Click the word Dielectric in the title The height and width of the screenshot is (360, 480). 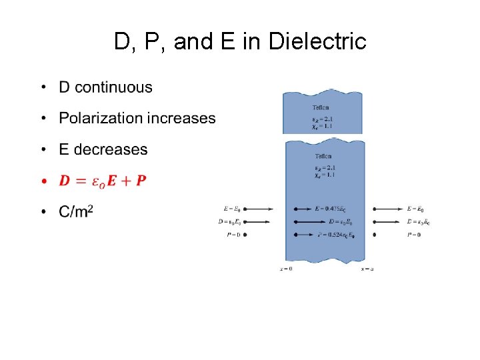tap(317, 41)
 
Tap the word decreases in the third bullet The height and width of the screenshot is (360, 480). tap(111, 149)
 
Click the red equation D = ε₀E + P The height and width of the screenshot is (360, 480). tap(103, 181)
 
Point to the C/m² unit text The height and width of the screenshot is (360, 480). tap(76, 211)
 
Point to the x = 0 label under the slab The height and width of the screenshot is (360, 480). tap(286, 268)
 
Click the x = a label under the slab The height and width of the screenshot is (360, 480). tap(367, 268)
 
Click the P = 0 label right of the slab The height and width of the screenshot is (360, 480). tap(414, 235)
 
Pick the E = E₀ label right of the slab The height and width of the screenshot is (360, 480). tap(415, 209)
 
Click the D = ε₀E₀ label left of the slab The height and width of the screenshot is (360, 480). tap(230, 221)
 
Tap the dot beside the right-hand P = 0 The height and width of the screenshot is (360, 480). tap(375, 235)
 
